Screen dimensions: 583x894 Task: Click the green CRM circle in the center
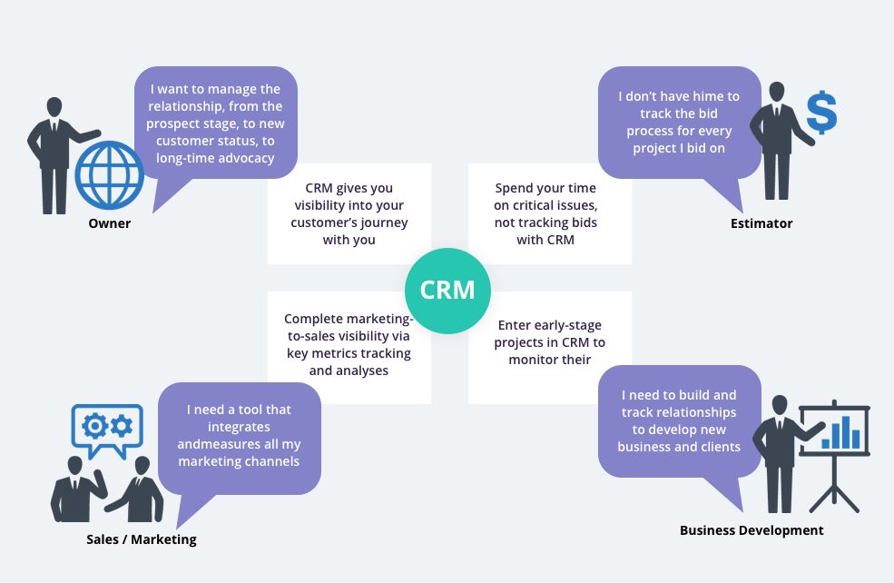(447, 291)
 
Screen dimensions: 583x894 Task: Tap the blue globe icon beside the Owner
(110, 175)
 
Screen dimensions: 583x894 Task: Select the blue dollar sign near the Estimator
(820, 112)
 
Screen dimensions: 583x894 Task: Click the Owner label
(110, 223)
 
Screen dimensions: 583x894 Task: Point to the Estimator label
(761, 223)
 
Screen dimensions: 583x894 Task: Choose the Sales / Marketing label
(141, 539)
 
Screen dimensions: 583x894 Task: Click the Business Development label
(752, 530)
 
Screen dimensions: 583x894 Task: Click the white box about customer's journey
(349, 214)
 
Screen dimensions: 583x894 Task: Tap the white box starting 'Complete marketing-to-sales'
(349, 345)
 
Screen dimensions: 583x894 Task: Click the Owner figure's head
(54, 106)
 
